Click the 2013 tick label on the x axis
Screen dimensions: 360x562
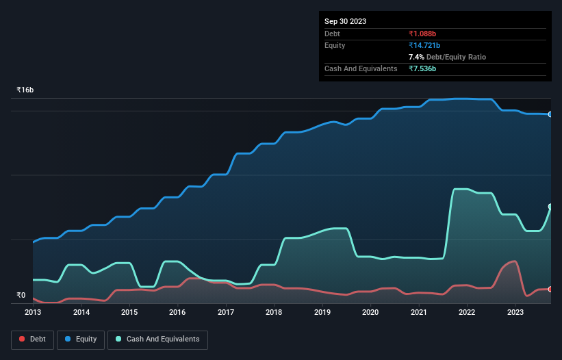(x=33, y=312)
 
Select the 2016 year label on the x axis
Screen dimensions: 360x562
(x=177, y=312)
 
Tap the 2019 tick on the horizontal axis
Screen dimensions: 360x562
(x=322, y=312)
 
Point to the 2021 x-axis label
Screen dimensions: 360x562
(x=418, y=312)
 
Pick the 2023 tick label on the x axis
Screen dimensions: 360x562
(x=515, y=312)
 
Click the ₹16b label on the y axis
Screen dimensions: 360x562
(x=25, y=90)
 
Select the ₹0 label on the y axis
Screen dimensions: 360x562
(x=21, y=296)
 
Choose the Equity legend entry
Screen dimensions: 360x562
(x=81, y=339)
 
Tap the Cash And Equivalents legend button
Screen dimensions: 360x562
(x=157, y=339)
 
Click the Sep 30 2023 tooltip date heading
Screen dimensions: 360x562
(x=345, y=21)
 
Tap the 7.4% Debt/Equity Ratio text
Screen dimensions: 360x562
(x=447, y=57)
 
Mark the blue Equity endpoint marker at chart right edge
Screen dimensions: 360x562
(x=550, y=114)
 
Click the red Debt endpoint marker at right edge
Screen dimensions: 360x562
(x=550, y=290)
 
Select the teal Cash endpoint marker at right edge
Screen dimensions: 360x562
(x=550, y=207)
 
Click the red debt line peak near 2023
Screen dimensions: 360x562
(x=513, y=261)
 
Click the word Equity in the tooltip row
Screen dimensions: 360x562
(x=335, y=45)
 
